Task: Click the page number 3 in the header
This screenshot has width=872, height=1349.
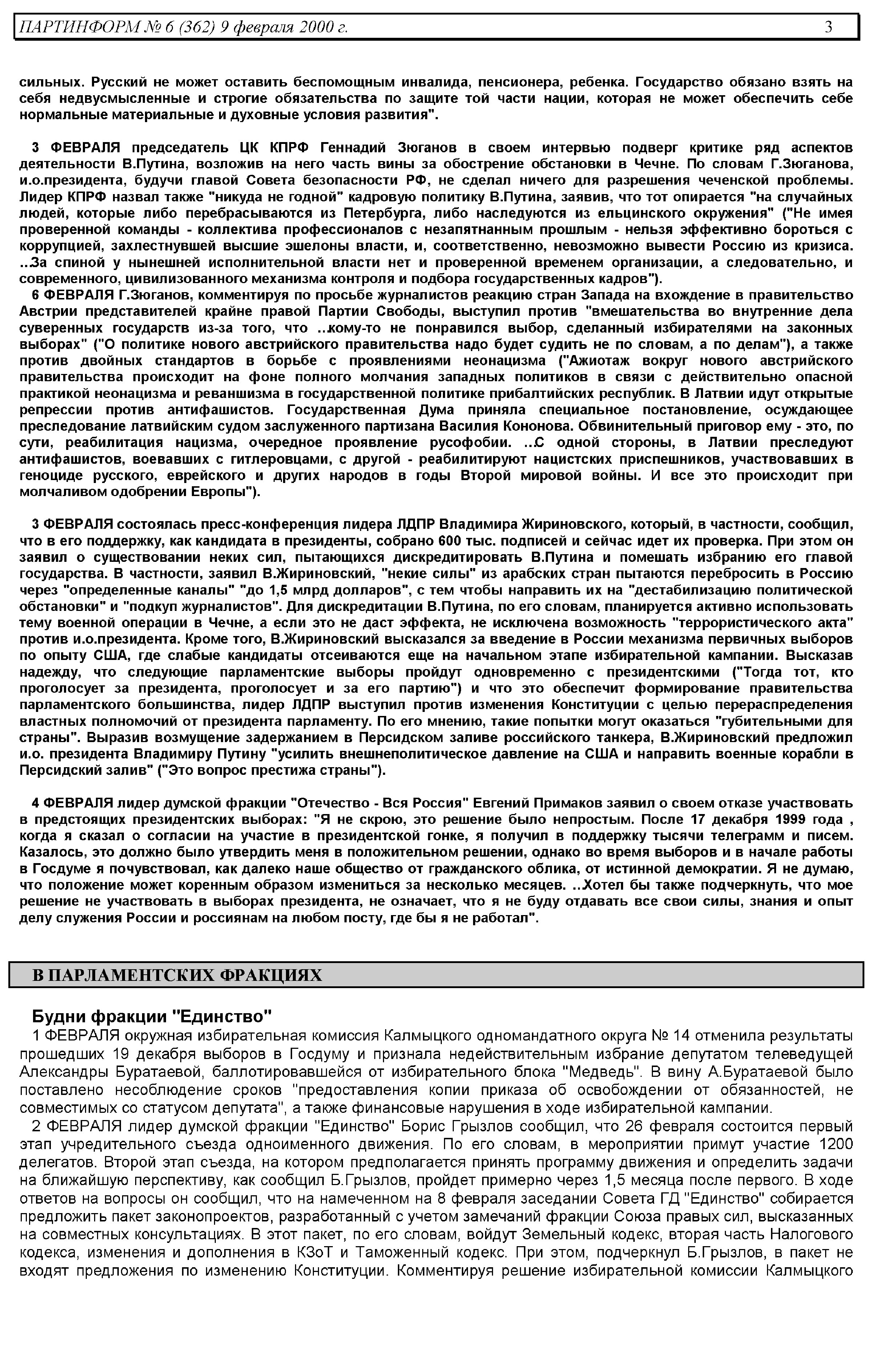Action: [x=828, y=27]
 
